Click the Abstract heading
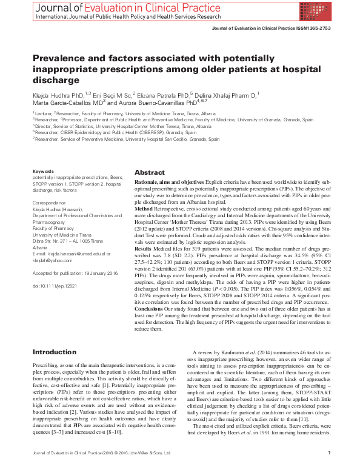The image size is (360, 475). coord(149,172)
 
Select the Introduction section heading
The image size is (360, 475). coord(55,352)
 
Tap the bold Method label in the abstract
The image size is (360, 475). coord(144,207)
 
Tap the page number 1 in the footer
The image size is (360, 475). coord(328,469)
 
